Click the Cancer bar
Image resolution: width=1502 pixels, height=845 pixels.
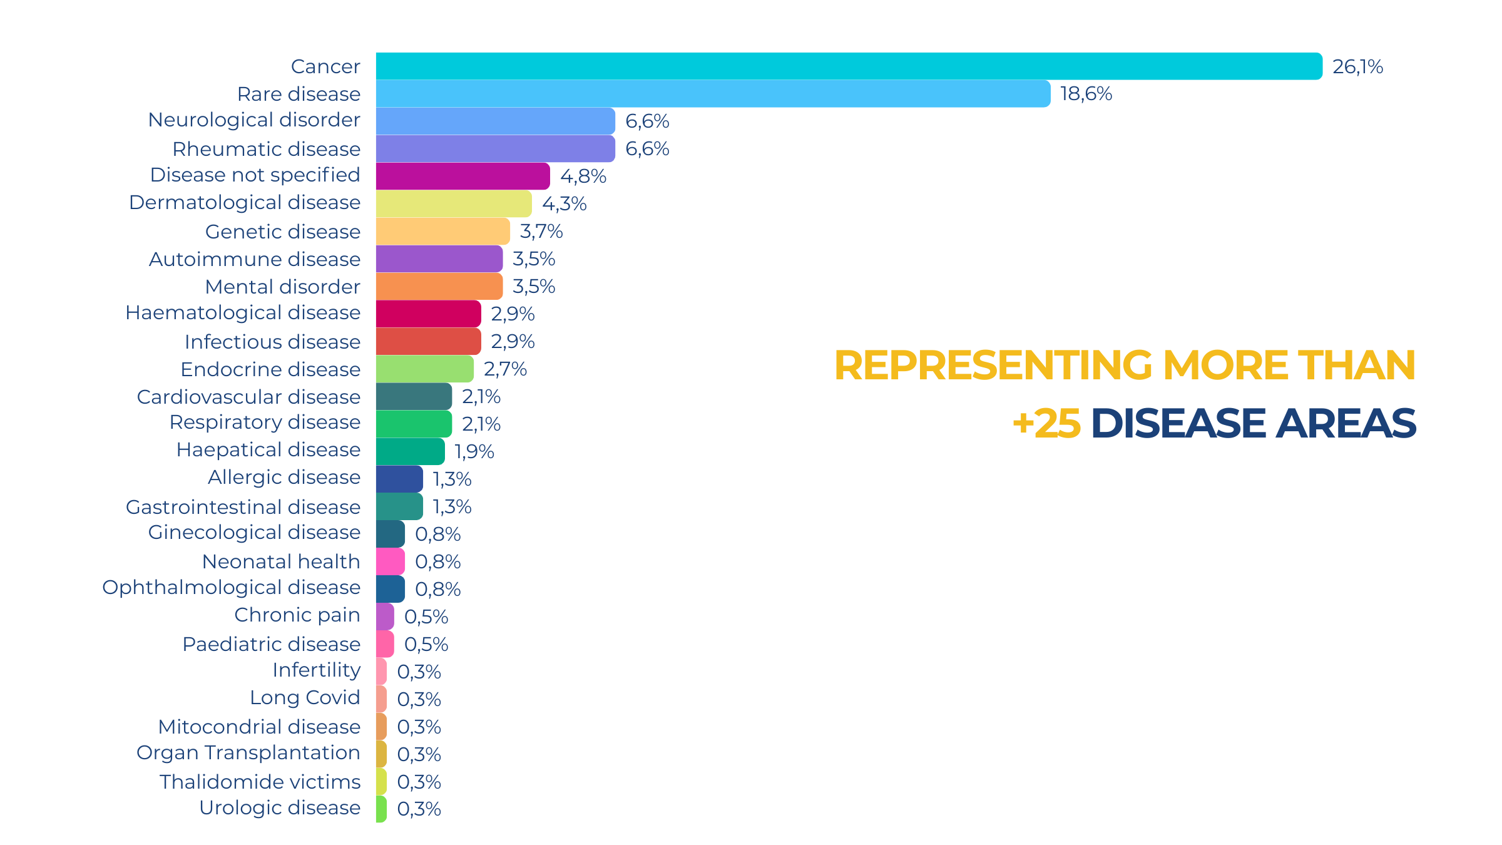click(849, 66)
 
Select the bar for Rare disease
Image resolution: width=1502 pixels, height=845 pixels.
click(713, 94)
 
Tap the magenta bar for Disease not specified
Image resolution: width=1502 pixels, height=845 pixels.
click(462, 177)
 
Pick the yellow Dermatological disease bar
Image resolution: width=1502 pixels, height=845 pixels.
click(454, 204)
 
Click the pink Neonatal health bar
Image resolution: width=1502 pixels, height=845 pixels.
click(390, 561)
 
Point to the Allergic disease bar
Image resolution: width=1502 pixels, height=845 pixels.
click(399, 479)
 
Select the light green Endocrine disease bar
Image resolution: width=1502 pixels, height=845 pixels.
click(424, 369)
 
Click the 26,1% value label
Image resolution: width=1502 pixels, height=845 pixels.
click(1357, 66)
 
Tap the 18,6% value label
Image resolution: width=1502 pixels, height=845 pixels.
click(1086, 94)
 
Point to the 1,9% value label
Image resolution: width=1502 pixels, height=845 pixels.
click(474, 451)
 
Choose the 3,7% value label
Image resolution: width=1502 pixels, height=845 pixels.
click(541, 232)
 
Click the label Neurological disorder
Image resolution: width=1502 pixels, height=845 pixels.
click(254, 120)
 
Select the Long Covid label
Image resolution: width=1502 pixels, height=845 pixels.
click(305, 697)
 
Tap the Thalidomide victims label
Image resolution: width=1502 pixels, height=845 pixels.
click(260, 782)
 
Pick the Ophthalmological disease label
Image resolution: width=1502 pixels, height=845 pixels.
click(232, 587)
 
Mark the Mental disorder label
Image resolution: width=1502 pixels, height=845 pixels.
click(283, 287)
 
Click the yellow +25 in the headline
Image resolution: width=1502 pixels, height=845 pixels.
click(1046, 424)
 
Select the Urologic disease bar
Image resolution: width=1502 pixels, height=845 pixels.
click(381, 809)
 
